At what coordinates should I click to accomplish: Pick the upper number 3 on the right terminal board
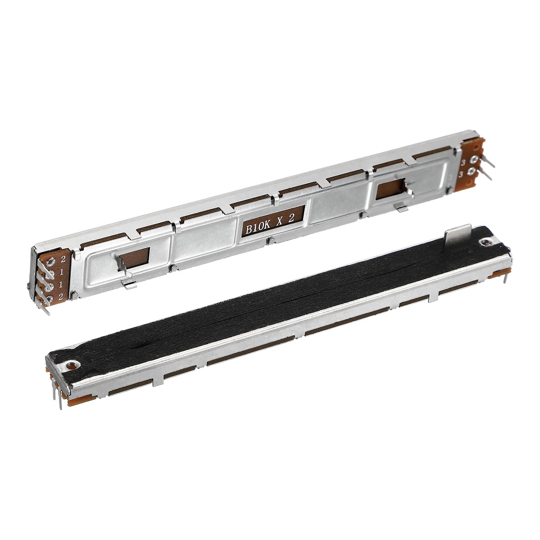(x=464, y=162)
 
